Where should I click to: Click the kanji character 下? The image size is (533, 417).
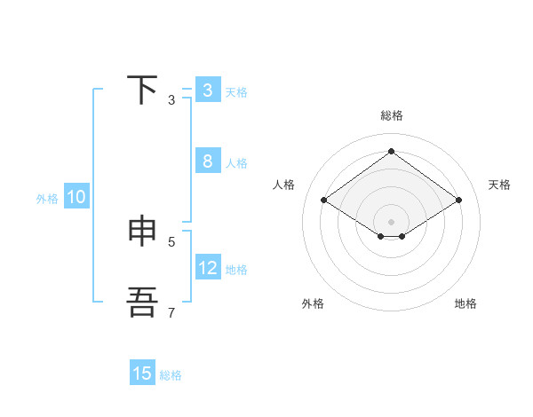tap(143, 90)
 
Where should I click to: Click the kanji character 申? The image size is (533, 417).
tap(143, 231)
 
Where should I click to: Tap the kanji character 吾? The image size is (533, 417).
tap(143, 302)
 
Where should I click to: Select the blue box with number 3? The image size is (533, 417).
tap(207, 90)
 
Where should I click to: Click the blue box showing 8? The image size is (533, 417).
tap(207, 161)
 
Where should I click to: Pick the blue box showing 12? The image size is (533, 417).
tap(207, 268)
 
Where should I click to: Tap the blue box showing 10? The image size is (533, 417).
tap(76, 198)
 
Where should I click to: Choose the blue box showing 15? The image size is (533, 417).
tap(142, 374)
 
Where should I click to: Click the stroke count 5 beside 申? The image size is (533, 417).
tap(171, 241)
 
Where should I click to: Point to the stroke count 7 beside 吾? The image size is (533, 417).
tap(171, 312)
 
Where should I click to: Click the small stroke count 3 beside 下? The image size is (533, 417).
tap(171, 100)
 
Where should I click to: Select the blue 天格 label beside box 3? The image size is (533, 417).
tap(236, 92)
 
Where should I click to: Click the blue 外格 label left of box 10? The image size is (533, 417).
tap(47, 199)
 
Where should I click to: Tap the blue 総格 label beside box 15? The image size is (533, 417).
tap(171, 375)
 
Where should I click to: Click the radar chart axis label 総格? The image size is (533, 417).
tap(391, 115)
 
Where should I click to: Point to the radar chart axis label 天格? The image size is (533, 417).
tap(499, 185)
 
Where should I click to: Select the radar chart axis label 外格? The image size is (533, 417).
tap(313, 303)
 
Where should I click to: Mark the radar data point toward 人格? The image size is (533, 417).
tap(323, 201)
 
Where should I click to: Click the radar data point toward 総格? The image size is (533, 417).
tap(391, 151)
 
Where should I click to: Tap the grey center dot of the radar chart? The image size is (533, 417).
tap(391, 221)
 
